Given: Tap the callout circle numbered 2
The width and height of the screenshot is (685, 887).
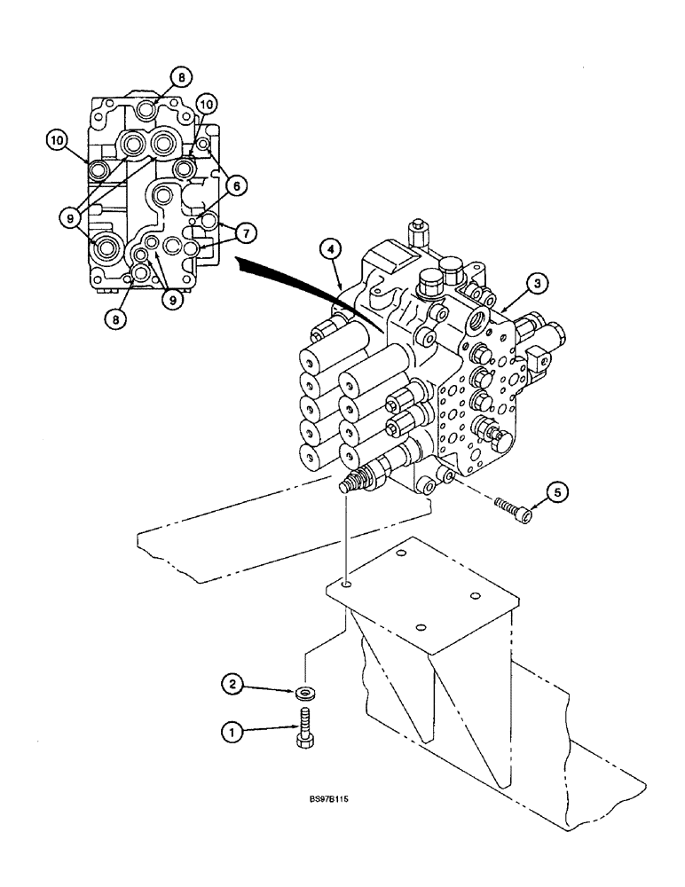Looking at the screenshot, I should click(233, 683).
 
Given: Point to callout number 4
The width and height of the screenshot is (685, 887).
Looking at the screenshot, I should click(330, 251).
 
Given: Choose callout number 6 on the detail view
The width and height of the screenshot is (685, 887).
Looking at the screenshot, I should click(237, 185).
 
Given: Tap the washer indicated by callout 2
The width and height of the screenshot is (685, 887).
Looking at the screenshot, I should click(305, 689).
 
